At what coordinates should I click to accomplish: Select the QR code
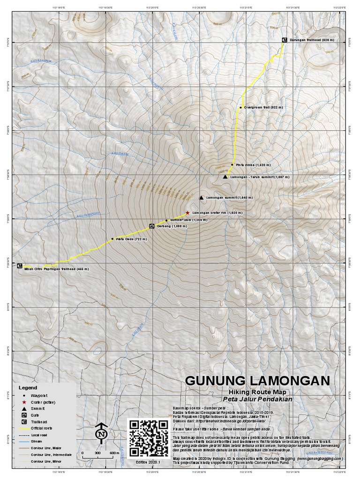coord(148,437)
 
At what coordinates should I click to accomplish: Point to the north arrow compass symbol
coord(101,434)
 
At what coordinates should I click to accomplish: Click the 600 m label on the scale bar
coord(114,453)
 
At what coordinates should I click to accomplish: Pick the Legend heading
coord(28,388)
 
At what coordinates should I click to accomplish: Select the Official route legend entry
coord(41,428)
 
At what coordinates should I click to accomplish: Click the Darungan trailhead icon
coord(284,40)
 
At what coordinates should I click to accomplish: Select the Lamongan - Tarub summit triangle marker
coord(225,177)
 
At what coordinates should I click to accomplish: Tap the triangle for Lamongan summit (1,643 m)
coord(201,198)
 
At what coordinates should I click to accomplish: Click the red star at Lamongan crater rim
coord(187,212)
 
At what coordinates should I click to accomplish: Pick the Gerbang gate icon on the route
coord(151,226)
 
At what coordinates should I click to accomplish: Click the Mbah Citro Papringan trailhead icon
coord(20,266)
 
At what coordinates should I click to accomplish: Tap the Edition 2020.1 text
coord(148,462)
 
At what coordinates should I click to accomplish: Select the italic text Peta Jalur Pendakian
coord(258,399)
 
